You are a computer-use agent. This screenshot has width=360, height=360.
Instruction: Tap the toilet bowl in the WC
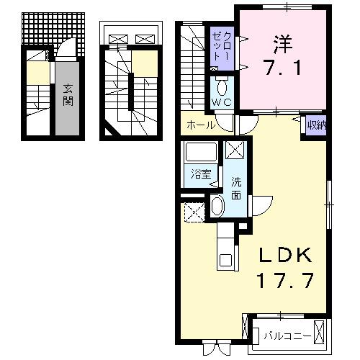tap(222, 89)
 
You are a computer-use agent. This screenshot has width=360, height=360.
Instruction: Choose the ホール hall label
tap(199, 125)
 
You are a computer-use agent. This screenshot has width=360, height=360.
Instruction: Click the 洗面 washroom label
tap(235, 184)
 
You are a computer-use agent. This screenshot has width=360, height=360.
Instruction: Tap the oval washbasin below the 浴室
tap(218, 207)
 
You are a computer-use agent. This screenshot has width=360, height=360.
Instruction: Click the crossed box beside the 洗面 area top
tap(235, 150)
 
